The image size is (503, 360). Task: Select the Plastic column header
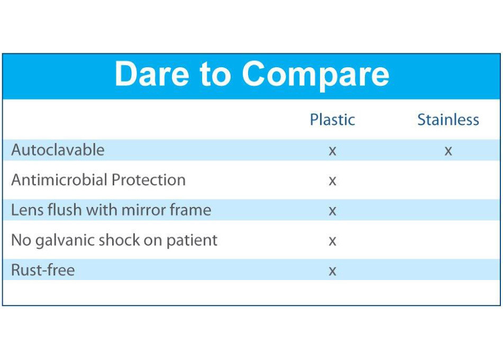pos(332,120)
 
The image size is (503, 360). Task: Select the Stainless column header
pos(448,120)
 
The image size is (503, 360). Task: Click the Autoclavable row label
pos(58,150)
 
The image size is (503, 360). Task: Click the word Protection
pos(149,179)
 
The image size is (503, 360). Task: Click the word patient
pos(191,240)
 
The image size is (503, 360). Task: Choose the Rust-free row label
pos(43,270)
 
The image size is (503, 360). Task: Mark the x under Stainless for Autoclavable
pos(448,150)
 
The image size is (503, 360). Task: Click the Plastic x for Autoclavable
pos(332,150)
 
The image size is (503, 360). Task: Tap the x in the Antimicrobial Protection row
pos(332,181)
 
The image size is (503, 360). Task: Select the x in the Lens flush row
pos(332,211)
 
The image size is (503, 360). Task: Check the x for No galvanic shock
pos(332,241)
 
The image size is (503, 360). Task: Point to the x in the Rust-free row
pos(332,271)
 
